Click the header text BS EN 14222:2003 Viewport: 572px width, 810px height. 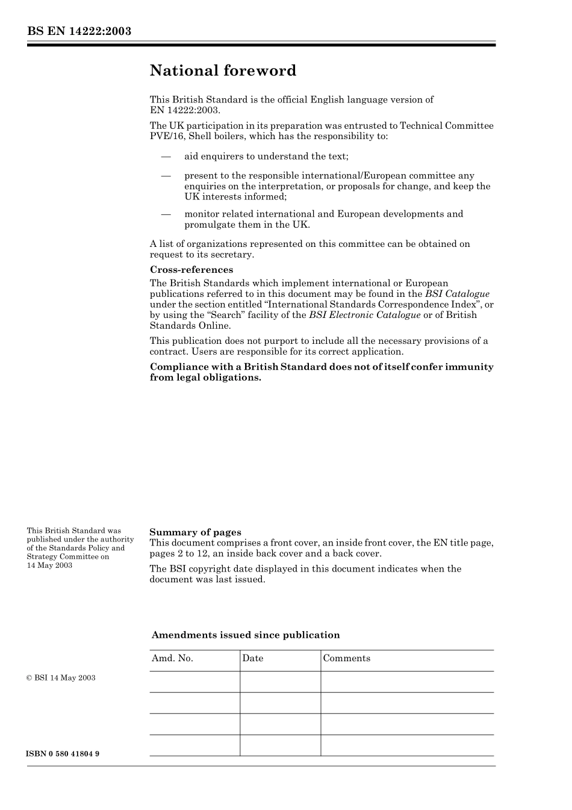coord(79,31)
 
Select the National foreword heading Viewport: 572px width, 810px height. coord(223,71)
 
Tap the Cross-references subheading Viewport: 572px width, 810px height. coord(191,270)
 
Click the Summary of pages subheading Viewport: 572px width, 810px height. coord(195,532)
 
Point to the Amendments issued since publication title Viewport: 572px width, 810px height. coord(246,635)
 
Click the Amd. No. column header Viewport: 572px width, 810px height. coord(172,658)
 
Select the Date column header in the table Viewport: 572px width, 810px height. coord(253,658)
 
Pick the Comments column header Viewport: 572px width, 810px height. coord(346,658)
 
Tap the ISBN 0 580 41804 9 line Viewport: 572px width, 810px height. coord(63,754)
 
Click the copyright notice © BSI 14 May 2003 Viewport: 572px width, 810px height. coord(61,678)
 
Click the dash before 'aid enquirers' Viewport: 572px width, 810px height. coord(166,157)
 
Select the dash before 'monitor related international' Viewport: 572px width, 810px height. coord(166,214)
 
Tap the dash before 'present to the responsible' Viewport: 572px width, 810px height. coord(166,176)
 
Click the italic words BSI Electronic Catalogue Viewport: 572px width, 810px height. coord(364,315)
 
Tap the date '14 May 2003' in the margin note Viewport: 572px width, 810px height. coord(49,565)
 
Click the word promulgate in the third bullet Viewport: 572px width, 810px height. coord(211,225)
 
